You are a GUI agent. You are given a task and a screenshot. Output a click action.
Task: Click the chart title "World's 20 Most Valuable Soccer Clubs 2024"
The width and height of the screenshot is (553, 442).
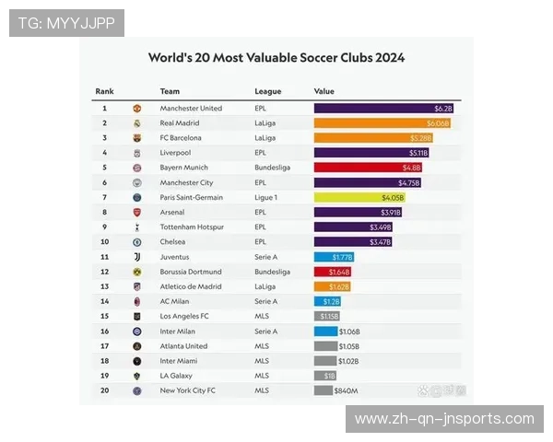click(276, 57)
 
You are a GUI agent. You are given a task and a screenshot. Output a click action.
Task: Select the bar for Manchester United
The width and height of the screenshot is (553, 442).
click(383, 108)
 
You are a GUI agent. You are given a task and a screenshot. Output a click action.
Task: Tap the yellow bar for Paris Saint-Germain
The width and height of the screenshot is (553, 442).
click(359, 197)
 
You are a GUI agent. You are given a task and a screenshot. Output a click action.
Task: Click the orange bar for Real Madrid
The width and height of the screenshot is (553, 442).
click(382, 122)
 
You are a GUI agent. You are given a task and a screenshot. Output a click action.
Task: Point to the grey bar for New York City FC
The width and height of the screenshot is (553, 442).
click(323, 390)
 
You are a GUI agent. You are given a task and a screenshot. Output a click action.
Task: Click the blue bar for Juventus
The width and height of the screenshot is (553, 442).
click(334, 257)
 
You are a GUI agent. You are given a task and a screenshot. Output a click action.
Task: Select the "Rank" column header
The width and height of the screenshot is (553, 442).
click(104, 91)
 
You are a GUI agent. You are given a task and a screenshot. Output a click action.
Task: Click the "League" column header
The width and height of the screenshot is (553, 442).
click(268, 91)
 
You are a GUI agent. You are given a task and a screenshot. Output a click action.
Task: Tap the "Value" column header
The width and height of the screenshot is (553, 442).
click(324, 91)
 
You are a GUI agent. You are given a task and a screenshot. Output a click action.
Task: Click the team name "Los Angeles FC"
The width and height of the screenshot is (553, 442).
click(185, 316)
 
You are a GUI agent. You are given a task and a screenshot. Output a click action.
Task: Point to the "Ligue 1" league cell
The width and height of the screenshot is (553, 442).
click(266, 197)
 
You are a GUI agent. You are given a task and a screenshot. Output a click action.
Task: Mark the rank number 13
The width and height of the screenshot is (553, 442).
click(105, 286)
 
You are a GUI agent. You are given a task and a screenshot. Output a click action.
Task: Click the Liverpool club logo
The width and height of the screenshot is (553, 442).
click(136, 153)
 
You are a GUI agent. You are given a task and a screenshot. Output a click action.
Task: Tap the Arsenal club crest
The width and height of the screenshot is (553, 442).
click(136, 212)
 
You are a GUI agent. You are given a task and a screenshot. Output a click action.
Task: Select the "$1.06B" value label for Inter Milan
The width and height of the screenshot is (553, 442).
click(349, 331)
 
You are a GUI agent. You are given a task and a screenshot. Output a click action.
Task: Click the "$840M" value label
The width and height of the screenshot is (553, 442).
click(347, 390)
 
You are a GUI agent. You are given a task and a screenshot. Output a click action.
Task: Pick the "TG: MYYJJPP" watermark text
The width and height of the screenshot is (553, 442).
click(66, 22)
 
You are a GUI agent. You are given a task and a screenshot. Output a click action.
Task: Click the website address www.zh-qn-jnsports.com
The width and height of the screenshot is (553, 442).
click(444, 419)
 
